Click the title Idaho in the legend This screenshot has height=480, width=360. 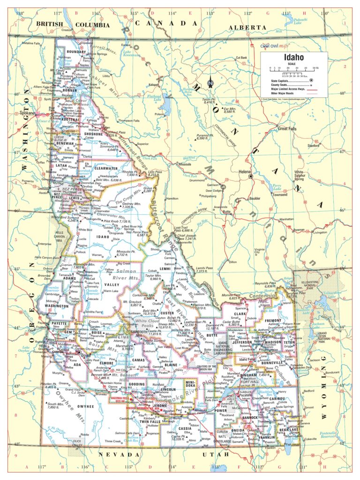click(x=293, y=58)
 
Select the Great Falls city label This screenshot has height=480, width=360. click(x=288, y=128)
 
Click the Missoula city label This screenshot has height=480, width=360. click(x=185, y=165)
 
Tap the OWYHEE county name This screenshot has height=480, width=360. click(x=86, y=406)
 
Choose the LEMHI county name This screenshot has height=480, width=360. click(x=165, y=269)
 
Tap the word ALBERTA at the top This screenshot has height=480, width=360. click(x=247, y=28)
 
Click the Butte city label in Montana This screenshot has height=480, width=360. click(x=228, y=212)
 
